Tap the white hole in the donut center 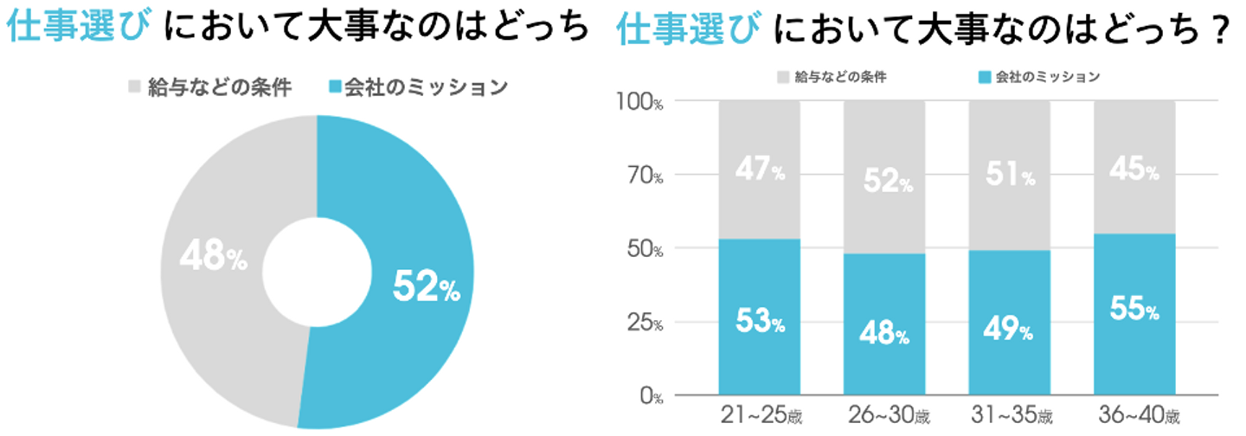pyautogui.click(x=317, y=271)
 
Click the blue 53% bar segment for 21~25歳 pyautogui.click(x=759, y=355)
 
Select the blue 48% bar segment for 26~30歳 pyautogui.click(x=884, y=363)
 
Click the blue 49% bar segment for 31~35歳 pyautogui.click(x=1010, y=363)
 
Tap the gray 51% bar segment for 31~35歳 pyautogui.click(x=1010, y=208)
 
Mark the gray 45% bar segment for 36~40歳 pyautogui.click(x=1134, y=199)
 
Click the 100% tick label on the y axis pyautogui.click(x=639, y=102)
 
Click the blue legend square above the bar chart pyautogui.click(x=983, y=77)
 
